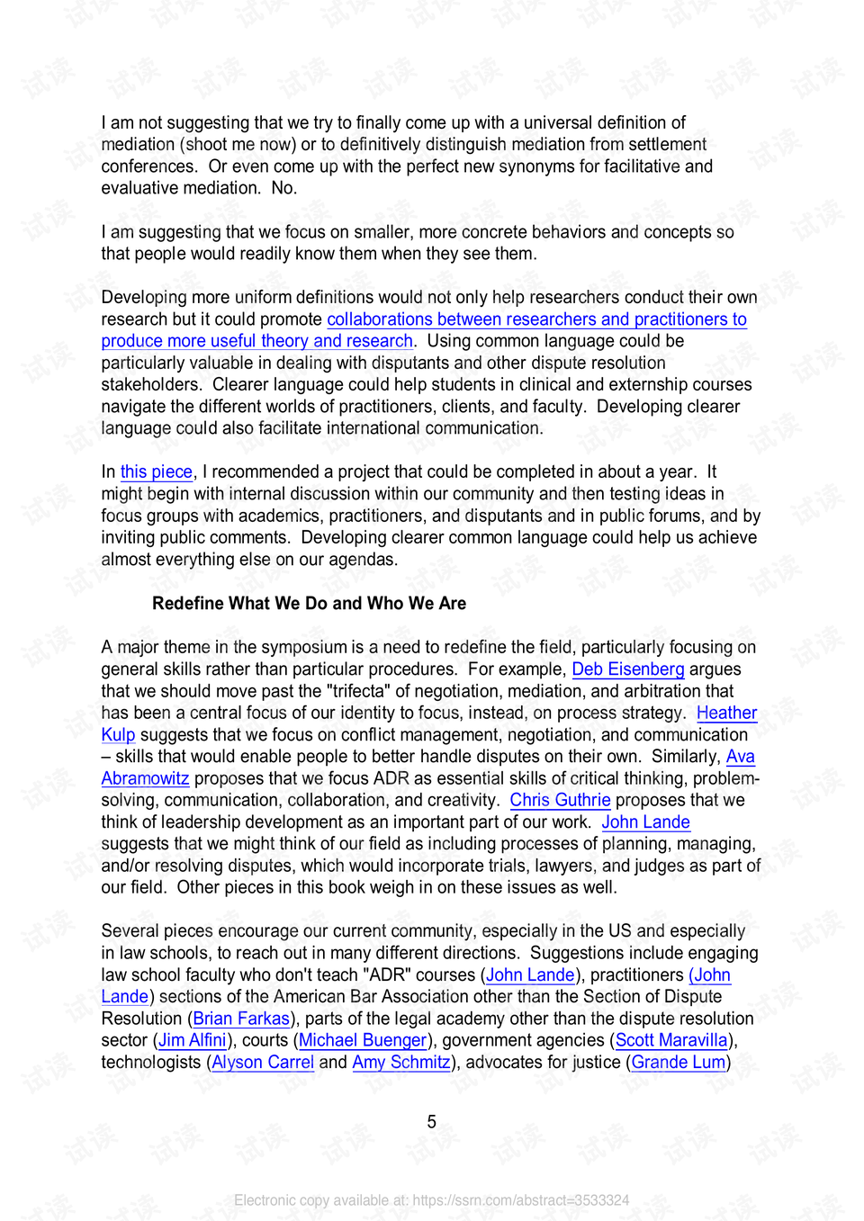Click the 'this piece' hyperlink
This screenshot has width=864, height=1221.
click(157, 472)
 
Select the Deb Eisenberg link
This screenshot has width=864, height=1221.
click(628, 669)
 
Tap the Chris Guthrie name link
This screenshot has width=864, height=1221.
click(560, 801)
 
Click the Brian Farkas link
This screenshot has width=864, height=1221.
click(241, 1019)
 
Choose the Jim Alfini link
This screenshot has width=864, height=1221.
click(193, 1041)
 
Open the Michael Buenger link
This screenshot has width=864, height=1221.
click(363, 1041)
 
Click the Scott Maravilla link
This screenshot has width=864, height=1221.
click(671, 1041)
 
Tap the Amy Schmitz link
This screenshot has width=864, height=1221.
click(401, 1063)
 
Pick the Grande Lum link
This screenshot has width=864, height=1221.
click(679, 1063)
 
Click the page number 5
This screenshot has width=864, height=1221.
click(432, 1122)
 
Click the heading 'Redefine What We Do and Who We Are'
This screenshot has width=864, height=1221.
click(309, 604)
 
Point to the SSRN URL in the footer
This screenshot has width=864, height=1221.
click(520, 1200)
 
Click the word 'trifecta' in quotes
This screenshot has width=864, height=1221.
click(359, 691)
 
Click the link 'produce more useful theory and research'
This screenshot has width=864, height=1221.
click(257, 342)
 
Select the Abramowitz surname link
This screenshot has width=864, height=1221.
click(145, 779)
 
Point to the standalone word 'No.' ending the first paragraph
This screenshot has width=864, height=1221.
click(283, 188)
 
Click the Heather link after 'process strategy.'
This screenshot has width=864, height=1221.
click(726, 714)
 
